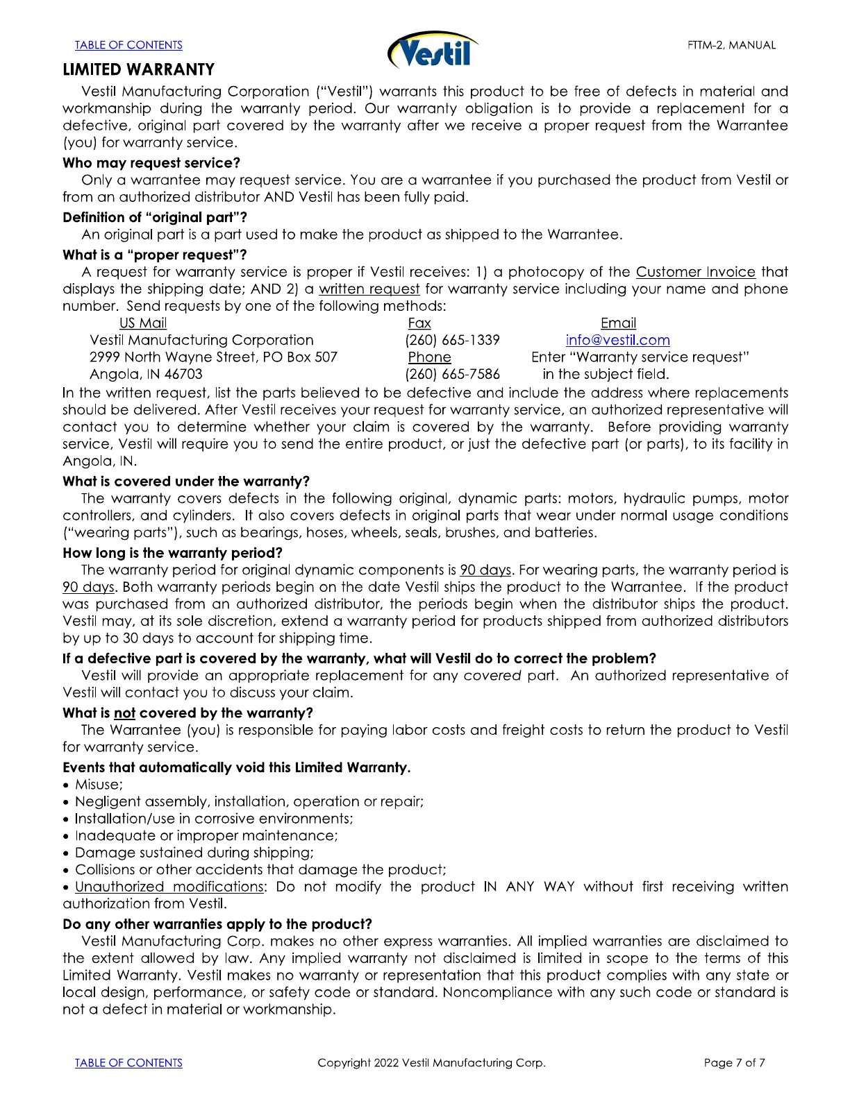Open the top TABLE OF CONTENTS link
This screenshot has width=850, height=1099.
128,45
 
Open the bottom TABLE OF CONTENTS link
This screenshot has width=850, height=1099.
128,1063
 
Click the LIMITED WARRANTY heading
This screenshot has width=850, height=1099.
138,69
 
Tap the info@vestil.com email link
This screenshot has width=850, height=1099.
617,340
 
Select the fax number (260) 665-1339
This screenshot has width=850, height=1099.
452,340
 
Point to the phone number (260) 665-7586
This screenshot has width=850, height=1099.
452,374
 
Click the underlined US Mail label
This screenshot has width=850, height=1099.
143,323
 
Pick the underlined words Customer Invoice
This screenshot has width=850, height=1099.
695,272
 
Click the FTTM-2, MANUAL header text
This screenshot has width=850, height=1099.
731,45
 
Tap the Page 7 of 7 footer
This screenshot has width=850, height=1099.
734,1063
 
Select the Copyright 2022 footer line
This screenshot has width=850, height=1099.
431,1063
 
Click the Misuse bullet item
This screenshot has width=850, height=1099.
98,785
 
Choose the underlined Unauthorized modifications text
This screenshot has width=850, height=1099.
169,887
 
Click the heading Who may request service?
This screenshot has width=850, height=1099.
151,163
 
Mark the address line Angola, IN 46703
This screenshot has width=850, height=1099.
146,374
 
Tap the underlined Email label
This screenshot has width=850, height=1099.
618,323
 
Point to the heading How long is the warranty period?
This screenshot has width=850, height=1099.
172,553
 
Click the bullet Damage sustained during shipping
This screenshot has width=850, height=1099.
194,853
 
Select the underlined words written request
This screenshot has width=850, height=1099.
369,289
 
